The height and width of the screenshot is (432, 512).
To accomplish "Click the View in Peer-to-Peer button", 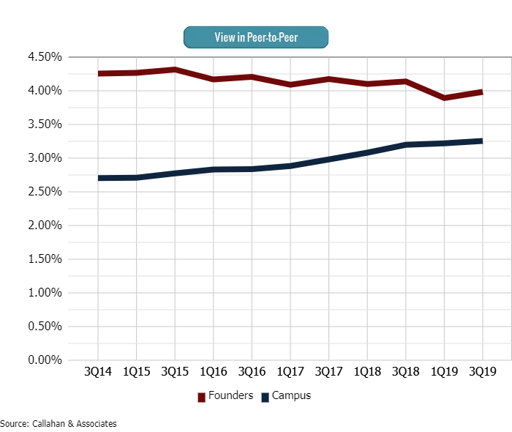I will point(255,37).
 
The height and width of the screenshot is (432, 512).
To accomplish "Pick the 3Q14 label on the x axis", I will point(98,372).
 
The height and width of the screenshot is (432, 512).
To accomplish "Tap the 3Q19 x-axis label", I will point(483,372).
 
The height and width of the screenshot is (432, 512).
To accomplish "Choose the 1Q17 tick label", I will point(290,372).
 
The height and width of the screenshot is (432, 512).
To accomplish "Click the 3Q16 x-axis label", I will point(252,372).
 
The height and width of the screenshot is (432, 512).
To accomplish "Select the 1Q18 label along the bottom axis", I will point(367,372).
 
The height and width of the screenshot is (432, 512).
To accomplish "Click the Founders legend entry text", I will point(230,396).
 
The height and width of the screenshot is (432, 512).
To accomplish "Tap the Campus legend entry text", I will point(291,396).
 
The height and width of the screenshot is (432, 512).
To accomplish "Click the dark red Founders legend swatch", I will point(202,397).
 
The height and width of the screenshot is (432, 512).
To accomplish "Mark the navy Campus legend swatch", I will point(266,397).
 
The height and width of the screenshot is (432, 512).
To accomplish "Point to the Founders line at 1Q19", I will point(444,97).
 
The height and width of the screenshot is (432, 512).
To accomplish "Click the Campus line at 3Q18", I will point(406,145).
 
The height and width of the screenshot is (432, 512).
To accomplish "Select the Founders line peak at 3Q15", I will point(175,70).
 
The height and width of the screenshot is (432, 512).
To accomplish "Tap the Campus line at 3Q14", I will point(98,178).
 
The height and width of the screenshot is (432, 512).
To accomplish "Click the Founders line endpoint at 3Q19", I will point(482,92).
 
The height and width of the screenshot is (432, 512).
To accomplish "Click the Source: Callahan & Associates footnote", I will point(59,423).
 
